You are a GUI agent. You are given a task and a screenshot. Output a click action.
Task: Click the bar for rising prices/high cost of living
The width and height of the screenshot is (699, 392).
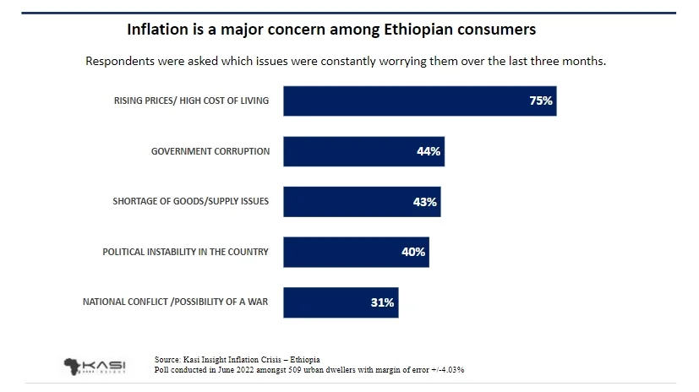pos(420,101)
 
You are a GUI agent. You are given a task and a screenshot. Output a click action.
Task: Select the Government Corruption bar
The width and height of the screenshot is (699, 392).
pos(363,151)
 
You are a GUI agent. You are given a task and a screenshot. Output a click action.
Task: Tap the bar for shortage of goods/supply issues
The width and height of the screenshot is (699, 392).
pos(362,202)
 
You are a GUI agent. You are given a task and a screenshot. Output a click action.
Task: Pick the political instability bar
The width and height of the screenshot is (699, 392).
pos(356,252)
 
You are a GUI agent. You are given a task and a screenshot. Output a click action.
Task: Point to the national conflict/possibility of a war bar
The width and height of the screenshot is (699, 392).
pos(341,302)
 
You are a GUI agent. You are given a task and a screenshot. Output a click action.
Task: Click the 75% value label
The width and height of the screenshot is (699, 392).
pos(541,101)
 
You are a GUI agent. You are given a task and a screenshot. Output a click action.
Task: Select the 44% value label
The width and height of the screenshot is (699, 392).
pos(429,151)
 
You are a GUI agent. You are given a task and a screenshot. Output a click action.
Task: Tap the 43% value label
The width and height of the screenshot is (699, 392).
pos(425,202)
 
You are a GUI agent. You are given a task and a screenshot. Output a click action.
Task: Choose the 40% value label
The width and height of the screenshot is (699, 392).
pos(413,252)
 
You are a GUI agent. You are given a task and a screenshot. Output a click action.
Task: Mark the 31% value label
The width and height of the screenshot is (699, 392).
pos(383,302)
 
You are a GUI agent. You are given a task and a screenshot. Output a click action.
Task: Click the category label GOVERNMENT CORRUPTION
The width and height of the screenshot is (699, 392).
pos(210,151)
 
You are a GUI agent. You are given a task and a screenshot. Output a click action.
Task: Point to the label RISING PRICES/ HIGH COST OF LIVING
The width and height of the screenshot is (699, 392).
pos(191,101)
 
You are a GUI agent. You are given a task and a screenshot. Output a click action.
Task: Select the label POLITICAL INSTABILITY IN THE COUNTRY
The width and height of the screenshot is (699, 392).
pos(185,252)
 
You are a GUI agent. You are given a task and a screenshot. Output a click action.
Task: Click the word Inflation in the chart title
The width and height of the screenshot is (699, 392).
pos(158,30)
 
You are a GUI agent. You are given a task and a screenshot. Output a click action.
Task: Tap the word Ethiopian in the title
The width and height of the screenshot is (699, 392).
pos(418,30)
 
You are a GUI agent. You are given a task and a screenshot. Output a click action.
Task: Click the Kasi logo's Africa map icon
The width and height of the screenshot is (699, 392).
pos(71,367)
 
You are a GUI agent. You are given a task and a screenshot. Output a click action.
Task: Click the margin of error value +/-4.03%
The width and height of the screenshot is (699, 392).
pos(448,370)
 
